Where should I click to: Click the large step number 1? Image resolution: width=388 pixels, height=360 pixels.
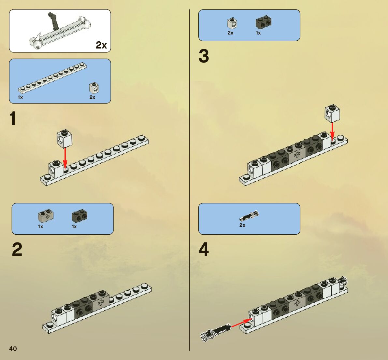(13, 119)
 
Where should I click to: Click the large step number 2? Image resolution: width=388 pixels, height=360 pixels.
(17, 249)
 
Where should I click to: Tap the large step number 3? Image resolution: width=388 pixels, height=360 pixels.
(204, 56)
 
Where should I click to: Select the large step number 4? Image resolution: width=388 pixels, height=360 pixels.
(204, 249)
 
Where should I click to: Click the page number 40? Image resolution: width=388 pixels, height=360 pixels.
(13, 349)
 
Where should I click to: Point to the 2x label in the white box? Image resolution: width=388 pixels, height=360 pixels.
(101, 45)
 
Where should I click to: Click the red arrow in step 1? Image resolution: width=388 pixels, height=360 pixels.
(65, 158)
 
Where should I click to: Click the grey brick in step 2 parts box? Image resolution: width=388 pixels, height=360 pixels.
(46, 215)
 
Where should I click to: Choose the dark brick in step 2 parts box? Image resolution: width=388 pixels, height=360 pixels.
(79, 215)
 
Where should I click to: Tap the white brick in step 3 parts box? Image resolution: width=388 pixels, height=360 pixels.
(232, 23)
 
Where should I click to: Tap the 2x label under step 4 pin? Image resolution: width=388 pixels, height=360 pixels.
(242, 225)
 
